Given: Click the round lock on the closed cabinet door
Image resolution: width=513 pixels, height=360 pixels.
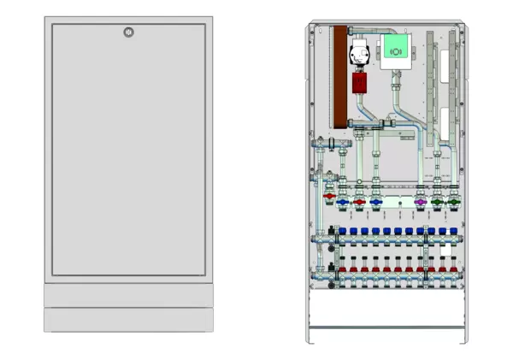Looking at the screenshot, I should tap(128, 32).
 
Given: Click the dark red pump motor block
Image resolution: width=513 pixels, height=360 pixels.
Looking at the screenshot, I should tap(360, 83).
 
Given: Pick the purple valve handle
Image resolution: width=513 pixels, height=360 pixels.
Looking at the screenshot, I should tap(420, 204).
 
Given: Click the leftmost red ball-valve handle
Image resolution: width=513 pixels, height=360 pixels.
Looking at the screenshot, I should tap(329, 197).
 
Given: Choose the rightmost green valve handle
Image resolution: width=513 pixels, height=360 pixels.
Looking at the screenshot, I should tap(455, 204).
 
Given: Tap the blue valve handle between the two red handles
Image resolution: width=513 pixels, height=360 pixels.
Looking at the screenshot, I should tap(343, 204).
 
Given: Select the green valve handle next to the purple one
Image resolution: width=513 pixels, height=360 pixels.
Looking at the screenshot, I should tap(438, 204).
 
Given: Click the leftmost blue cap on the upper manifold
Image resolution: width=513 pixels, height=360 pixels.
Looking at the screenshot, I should tap(342, 231).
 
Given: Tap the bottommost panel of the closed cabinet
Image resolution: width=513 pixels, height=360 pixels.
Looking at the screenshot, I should tap(128, 320).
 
